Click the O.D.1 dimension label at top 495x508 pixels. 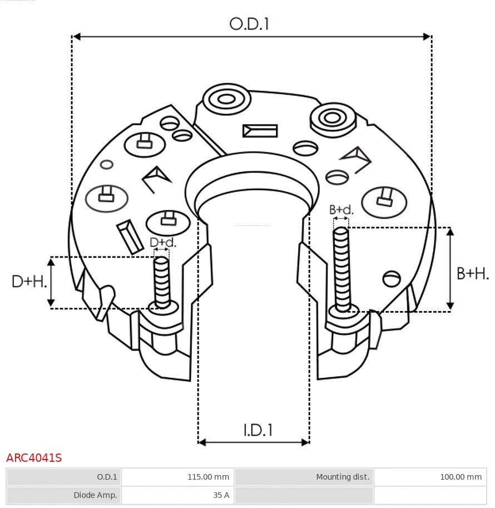pos(249,23)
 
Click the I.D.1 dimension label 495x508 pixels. pos(258,430)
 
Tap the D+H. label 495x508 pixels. pos(29,282)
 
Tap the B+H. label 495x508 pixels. pos(472,273)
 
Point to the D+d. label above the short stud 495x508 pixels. pos(162,243)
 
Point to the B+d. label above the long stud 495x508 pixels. pos(341,210)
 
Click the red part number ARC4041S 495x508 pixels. pos(34,458)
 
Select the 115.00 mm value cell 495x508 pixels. pos(177,477)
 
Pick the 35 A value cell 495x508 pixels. pos(177,495)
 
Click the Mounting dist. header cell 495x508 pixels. pos(304,477)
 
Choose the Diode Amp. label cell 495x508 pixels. pos(63,495)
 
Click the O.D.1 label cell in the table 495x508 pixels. pos(63,477)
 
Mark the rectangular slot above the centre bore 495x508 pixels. pos(260,131)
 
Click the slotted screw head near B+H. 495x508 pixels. pos(392,278)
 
